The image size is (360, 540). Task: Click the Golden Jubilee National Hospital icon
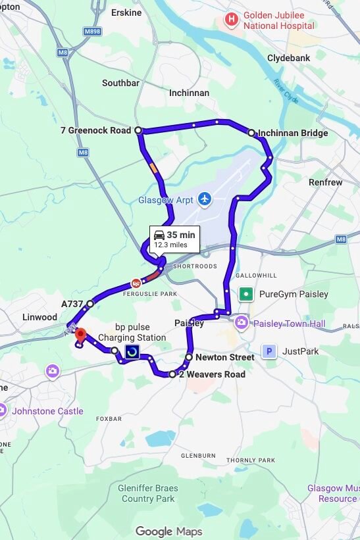231,20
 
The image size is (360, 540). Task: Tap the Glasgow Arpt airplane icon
205,199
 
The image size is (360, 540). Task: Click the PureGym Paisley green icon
246,294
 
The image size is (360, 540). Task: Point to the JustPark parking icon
269,352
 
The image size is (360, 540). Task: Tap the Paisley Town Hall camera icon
242,322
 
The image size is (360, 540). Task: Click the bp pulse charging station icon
132,352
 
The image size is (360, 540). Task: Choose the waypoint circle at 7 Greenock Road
138,130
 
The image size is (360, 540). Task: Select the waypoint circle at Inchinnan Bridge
251,133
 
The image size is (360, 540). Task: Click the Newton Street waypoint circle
189,357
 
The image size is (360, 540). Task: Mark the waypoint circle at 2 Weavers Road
172,374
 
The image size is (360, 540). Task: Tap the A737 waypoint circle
90,303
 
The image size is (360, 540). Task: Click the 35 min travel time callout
174,239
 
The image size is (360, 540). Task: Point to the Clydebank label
288,58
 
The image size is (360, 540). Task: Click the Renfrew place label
326,182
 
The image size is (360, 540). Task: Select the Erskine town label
126,12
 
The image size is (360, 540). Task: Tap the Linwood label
40,317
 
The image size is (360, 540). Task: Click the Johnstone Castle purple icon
3,411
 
